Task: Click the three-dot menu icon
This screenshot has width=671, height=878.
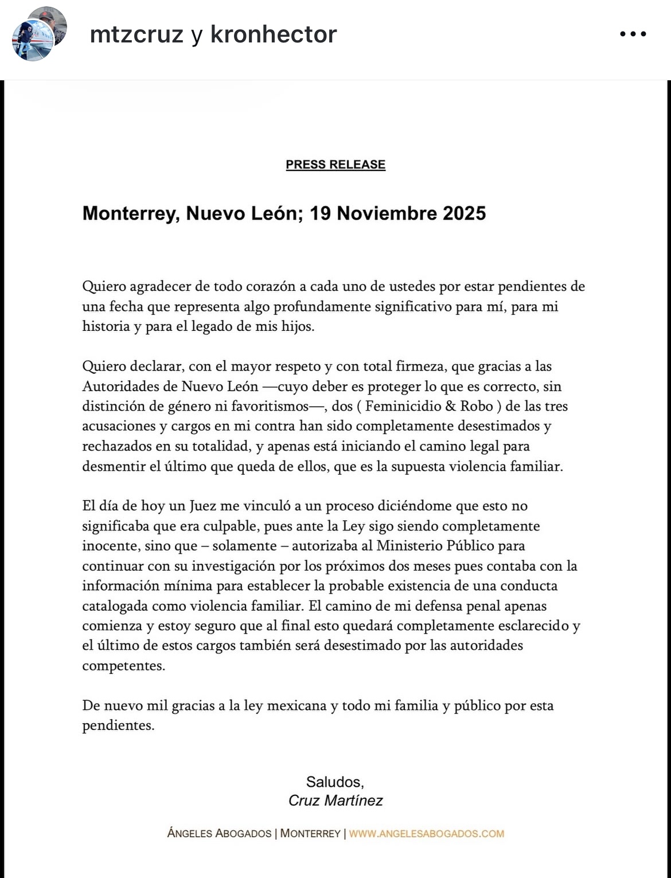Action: (x=633, y=34)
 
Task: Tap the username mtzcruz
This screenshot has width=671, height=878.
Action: (x=137, y=34)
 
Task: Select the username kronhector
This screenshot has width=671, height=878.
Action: (x=274, y=34)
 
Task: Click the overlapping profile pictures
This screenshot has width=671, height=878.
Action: (x=38, y=34)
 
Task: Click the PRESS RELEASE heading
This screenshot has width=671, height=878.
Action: (x=335, y=165)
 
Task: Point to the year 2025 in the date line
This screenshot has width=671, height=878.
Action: (x=464, y=213)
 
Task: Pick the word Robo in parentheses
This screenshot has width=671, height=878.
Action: (x=477, y=406)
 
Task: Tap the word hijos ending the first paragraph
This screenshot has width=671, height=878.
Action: (x=298, y=326)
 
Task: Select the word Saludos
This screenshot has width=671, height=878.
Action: (x=335, y=782)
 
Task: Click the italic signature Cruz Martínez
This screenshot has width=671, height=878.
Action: (x=335, y=801)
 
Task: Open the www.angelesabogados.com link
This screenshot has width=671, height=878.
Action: (x=427, y=834)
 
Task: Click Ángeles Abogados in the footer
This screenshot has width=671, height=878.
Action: (x=219, y=834)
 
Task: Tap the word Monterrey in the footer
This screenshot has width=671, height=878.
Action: (x=310, y=834)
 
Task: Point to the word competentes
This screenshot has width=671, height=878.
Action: (x=123, y=666)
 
